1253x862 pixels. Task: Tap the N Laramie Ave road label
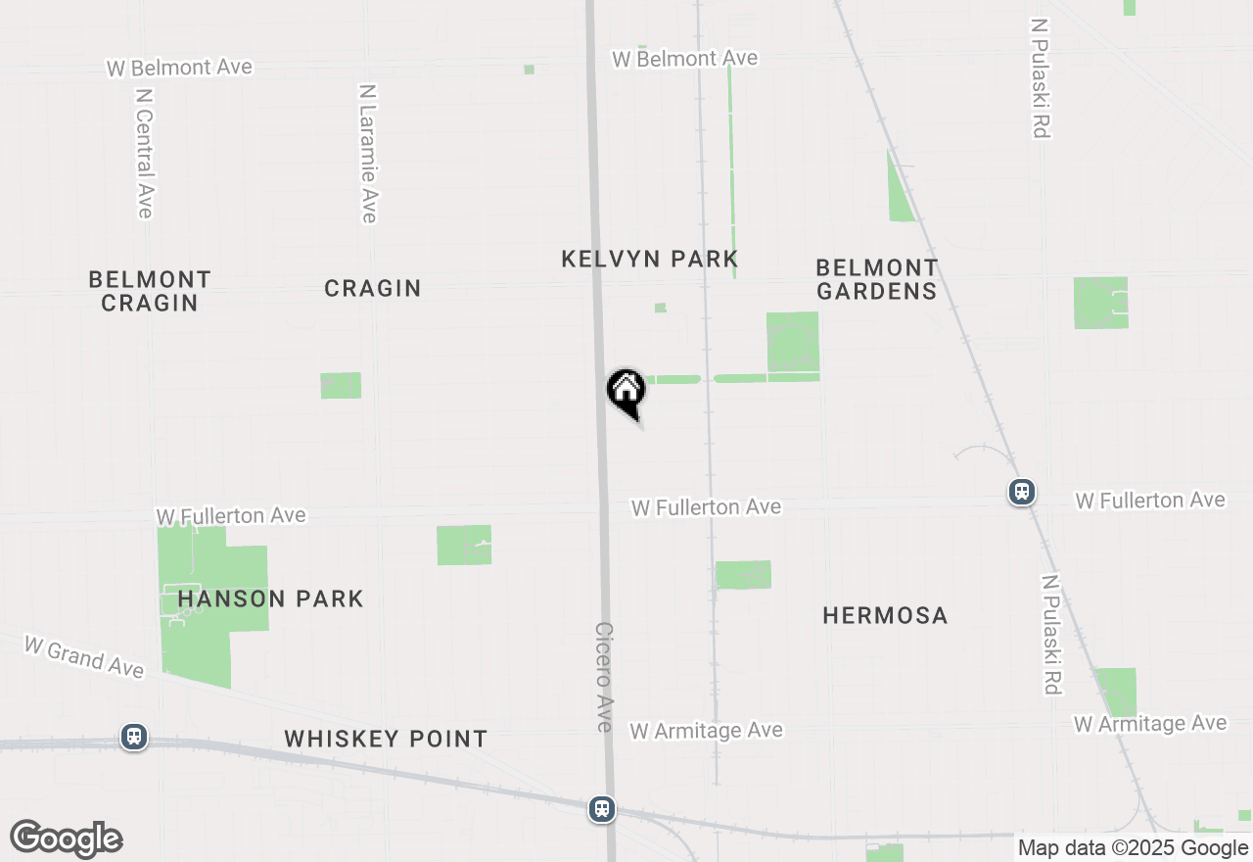coord(368,154)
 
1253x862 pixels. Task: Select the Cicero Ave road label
coord(604,677)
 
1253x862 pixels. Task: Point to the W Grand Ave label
coord(84,656)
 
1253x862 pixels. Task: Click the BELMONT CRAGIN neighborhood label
coord(150,291)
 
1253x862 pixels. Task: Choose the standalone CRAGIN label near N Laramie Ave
coord(373,288)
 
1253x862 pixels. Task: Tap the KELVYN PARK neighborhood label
coord(650,259)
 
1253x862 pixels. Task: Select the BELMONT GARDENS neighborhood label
coord(877,279)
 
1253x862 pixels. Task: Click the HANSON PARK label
coord(271,599)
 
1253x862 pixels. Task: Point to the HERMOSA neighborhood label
coord(885,615)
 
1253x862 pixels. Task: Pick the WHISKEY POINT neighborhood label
coord(386,739)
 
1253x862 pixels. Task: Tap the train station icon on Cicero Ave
coord(602,809)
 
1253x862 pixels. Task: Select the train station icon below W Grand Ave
coord(134,737)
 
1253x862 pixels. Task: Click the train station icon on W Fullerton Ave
coord(1022,491)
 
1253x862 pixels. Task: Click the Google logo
coord(67,839)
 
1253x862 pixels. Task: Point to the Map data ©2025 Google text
coord(1133,848)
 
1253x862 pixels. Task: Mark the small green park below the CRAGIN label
coord(341,385)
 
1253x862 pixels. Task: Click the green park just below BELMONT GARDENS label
coord(793,342)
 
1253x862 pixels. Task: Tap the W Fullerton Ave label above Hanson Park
coord(231,515)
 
